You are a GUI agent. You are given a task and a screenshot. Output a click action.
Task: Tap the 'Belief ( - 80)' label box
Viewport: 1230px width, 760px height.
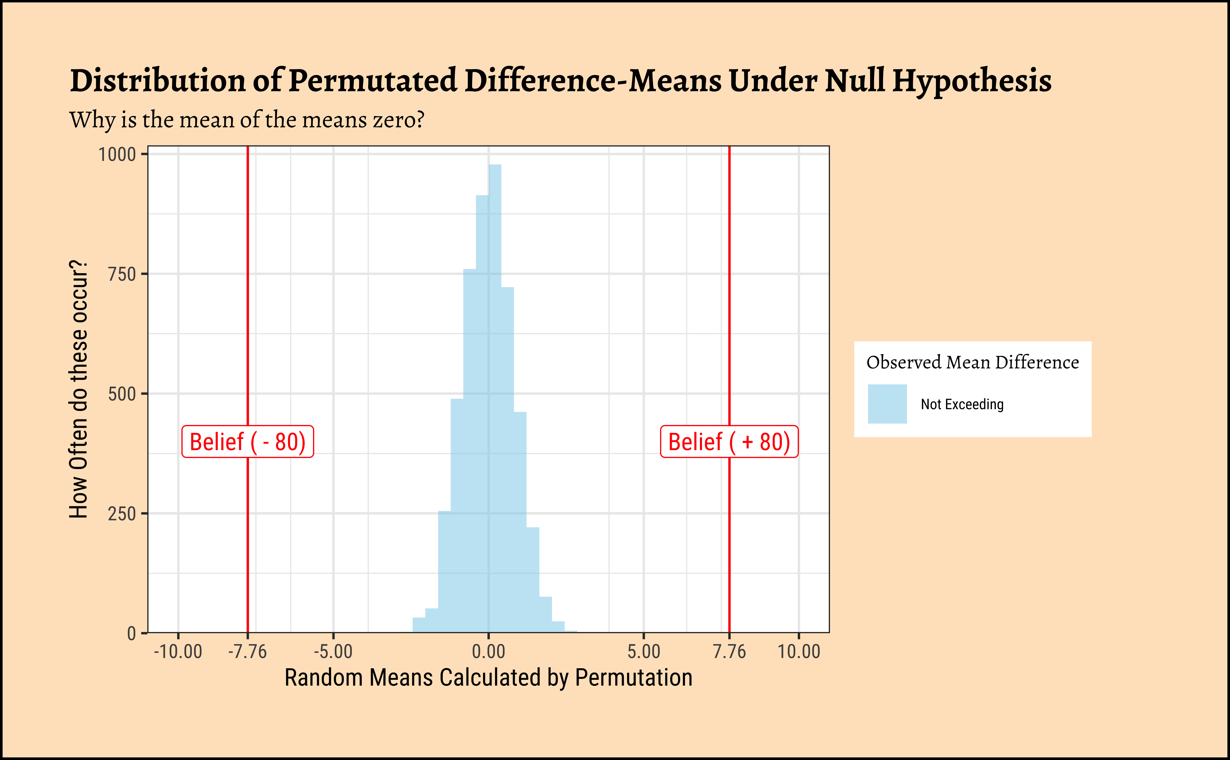pos(247,442)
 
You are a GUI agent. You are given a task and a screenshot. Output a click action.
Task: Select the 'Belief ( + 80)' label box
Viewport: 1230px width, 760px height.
pos(729,442)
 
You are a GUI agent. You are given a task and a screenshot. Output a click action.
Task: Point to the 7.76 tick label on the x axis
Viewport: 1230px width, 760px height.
pos(729,652)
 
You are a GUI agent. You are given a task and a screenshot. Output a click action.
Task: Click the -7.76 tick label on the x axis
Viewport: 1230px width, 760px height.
pos(247,652)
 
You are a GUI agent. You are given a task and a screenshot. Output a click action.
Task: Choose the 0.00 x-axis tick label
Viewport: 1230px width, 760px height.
pos(488,652)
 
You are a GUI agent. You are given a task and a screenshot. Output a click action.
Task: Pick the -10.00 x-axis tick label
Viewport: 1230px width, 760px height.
pos(178,652)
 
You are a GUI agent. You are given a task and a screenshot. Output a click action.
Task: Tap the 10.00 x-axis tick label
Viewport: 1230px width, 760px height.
pos(799,652)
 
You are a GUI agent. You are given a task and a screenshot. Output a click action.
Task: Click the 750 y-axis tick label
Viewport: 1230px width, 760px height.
pos(122,274)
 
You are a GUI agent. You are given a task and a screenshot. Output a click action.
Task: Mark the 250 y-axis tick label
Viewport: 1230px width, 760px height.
pos(122,514)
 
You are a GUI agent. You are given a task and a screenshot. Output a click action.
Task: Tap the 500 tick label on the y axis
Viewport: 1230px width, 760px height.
pos(122,394)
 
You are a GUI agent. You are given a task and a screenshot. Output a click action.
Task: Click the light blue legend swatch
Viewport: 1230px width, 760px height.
pos(887,404)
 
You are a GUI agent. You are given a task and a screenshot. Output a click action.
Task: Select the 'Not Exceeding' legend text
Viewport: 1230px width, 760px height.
pos(962,404)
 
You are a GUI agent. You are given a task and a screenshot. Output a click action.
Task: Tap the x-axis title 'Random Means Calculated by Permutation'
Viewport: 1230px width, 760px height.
pos(488,678)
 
